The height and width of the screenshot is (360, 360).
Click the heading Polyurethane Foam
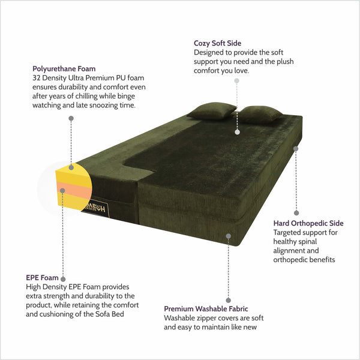coord(64,68)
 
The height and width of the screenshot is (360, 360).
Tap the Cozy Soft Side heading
coord(217,43)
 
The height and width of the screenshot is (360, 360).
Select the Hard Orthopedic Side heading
coord(308,223)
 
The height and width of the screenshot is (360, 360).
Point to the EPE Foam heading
coord(42,278)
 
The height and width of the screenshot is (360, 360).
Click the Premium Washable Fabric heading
coord(206,309)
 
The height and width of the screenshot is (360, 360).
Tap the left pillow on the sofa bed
coord(212,111)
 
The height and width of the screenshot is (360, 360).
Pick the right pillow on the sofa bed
coord(259,115)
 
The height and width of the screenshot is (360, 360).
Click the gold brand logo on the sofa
coord(97,208)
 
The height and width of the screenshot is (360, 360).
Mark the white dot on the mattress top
coord(238,132)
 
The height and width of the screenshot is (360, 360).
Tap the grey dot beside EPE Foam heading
coord(63,279)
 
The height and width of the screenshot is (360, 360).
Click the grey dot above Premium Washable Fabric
coord(228,301)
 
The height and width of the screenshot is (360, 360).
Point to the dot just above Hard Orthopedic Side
coord(296,213)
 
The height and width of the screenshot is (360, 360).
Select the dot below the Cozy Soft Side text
coord(237,80)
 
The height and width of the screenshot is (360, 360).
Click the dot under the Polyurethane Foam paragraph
coord(71,118)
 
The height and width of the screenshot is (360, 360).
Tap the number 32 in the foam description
coord(36,78)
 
